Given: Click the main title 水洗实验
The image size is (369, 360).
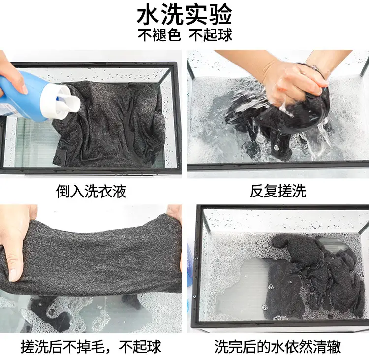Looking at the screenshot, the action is [x=184, y=15].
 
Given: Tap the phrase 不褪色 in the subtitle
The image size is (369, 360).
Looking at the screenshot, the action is [x=159, y=35].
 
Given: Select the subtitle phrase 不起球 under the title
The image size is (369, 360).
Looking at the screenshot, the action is [x=211, y=35].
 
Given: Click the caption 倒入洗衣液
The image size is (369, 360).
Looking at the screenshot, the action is [x=91, y=191].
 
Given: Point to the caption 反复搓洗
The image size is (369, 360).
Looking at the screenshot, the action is [x=277, y=191].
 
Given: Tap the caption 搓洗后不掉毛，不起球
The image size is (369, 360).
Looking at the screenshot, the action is [x=91, y=346].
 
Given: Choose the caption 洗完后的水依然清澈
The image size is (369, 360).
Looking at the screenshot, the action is [x=277, y=346].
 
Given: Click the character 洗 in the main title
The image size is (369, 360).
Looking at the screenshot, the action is [x=172, y=15].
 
